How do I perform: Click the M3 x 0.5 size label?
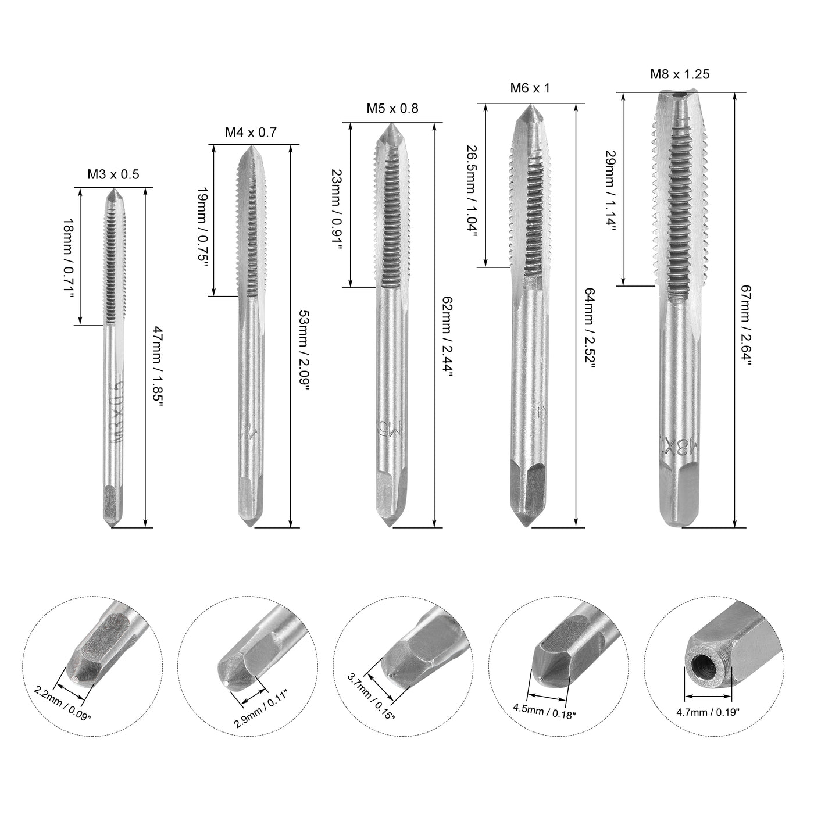[x=113, y=174]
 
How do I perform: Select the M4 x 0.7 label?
[x=251, y=133]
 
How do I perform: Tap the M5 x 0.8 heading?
[x=392, y=108]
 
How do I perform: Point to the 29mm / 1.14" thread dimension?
[x=610, y=190]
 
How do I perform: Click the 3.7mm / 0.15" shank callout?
[x=371, y=695]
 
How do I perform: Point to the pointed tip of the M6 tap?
[x=530, y=109]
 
